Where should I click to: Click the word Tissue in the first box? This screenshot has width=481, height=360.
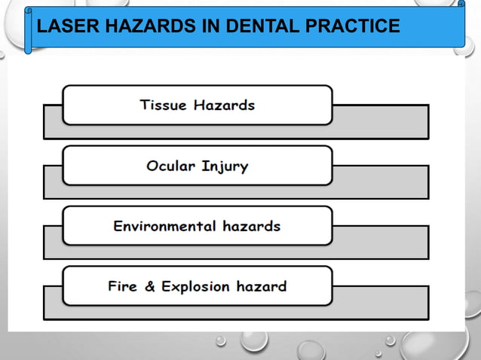click(164, 105)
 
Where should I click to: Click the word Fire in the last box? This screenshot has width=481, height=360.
click(122, 286)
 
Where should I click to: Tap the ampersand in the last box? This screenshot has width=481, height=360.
click(149, 286)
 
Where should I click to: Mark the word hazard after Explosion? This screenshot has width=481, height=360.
click(262, 286)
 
